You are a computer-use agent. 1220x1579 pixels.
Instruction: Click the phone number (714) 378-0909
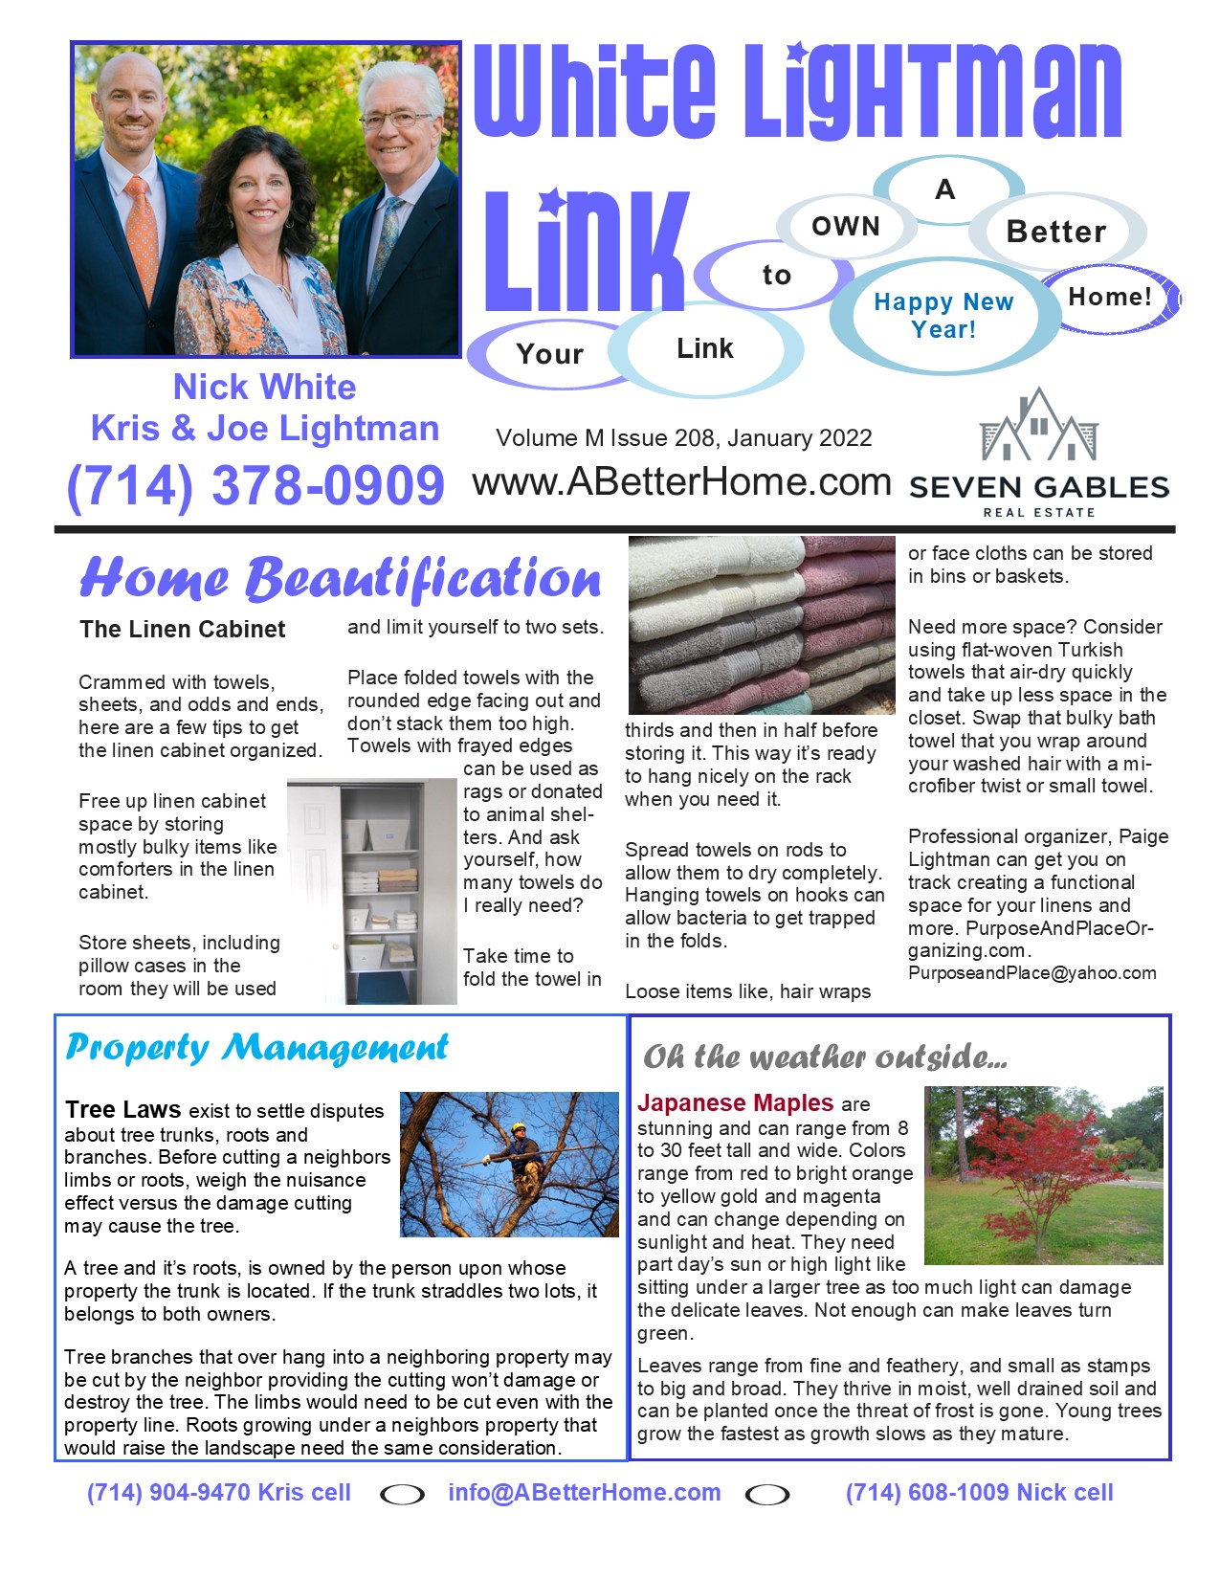[x=255, y=485]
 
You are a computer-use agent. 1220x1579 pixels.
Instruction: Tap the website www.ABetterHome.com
[x=681, y=482]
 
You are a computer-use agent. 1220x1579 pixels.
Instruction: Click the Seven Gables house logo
[x=1039, y=425]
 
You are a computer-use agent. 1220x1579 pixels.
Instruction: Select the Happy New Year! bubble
[x=943, y=316]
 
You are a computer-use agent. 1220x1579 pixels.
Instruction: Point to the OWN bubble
[x=845, y=227]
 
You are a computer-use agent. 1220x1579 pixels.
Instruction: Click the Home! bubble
[x=1110, y=298]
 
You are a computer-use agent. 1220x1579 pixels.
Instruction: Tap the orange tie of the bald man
[x=143, y=238]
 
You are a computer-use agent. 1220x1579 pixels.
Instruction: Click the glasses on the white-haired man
[x=395, y=120]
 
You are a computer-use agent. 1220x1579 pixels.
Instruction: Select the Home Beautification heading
[x=340, y=579]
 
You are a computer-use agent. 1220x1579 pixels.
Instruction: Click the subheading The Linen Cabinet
[x=183, y=629]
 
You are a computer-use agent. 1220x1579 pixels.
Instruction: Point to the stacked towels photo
[x=762, y=624]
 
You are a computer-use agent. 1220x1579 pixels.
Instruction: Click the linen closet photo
[x=373, y=890]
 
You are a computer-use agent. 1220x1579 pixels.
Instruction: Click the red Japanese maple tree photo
[x=1043, y=1175]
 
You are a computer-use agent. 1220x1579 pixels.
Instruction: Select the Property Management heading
[x=256, y=1048]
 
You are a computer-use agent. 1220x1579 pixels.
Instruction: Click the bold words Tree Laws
[x=122, y=1110]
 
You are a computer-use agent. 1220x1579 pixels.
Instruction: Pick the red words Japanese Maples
[x=736, y=1103]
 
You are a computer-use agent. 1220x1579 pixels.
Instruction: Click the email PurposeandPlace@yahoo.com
[x=1031, y=973]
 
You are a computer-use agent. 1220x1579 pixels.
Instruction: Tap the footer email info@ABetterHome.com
[x=584, y=1493]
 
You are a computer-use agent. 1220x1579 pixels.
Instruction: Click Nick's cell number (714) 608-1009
[x=979, y=1493]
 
